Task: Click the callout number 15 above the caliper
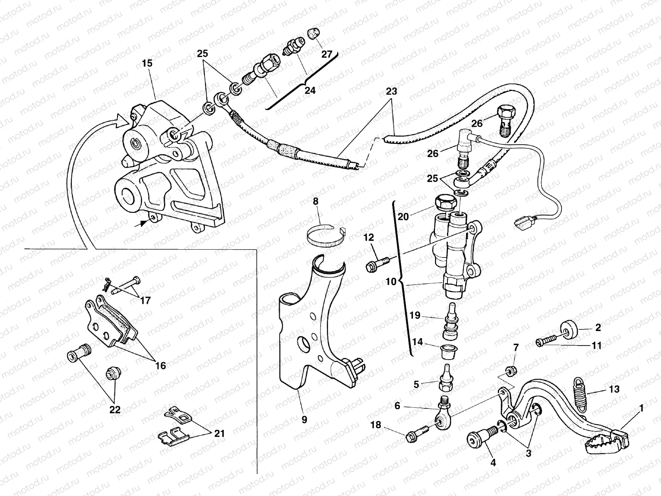click(x=147, y=64)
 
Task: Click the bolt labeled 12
click(x=377, y=265)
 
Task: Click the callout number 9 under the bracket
click(x=304, y=420)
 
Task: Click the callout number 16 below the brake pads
click(x=160, y=365)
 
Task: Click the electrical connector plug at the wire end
click(x=524, y=224)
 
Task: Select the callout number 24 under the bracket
click(x=309, y=90)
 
